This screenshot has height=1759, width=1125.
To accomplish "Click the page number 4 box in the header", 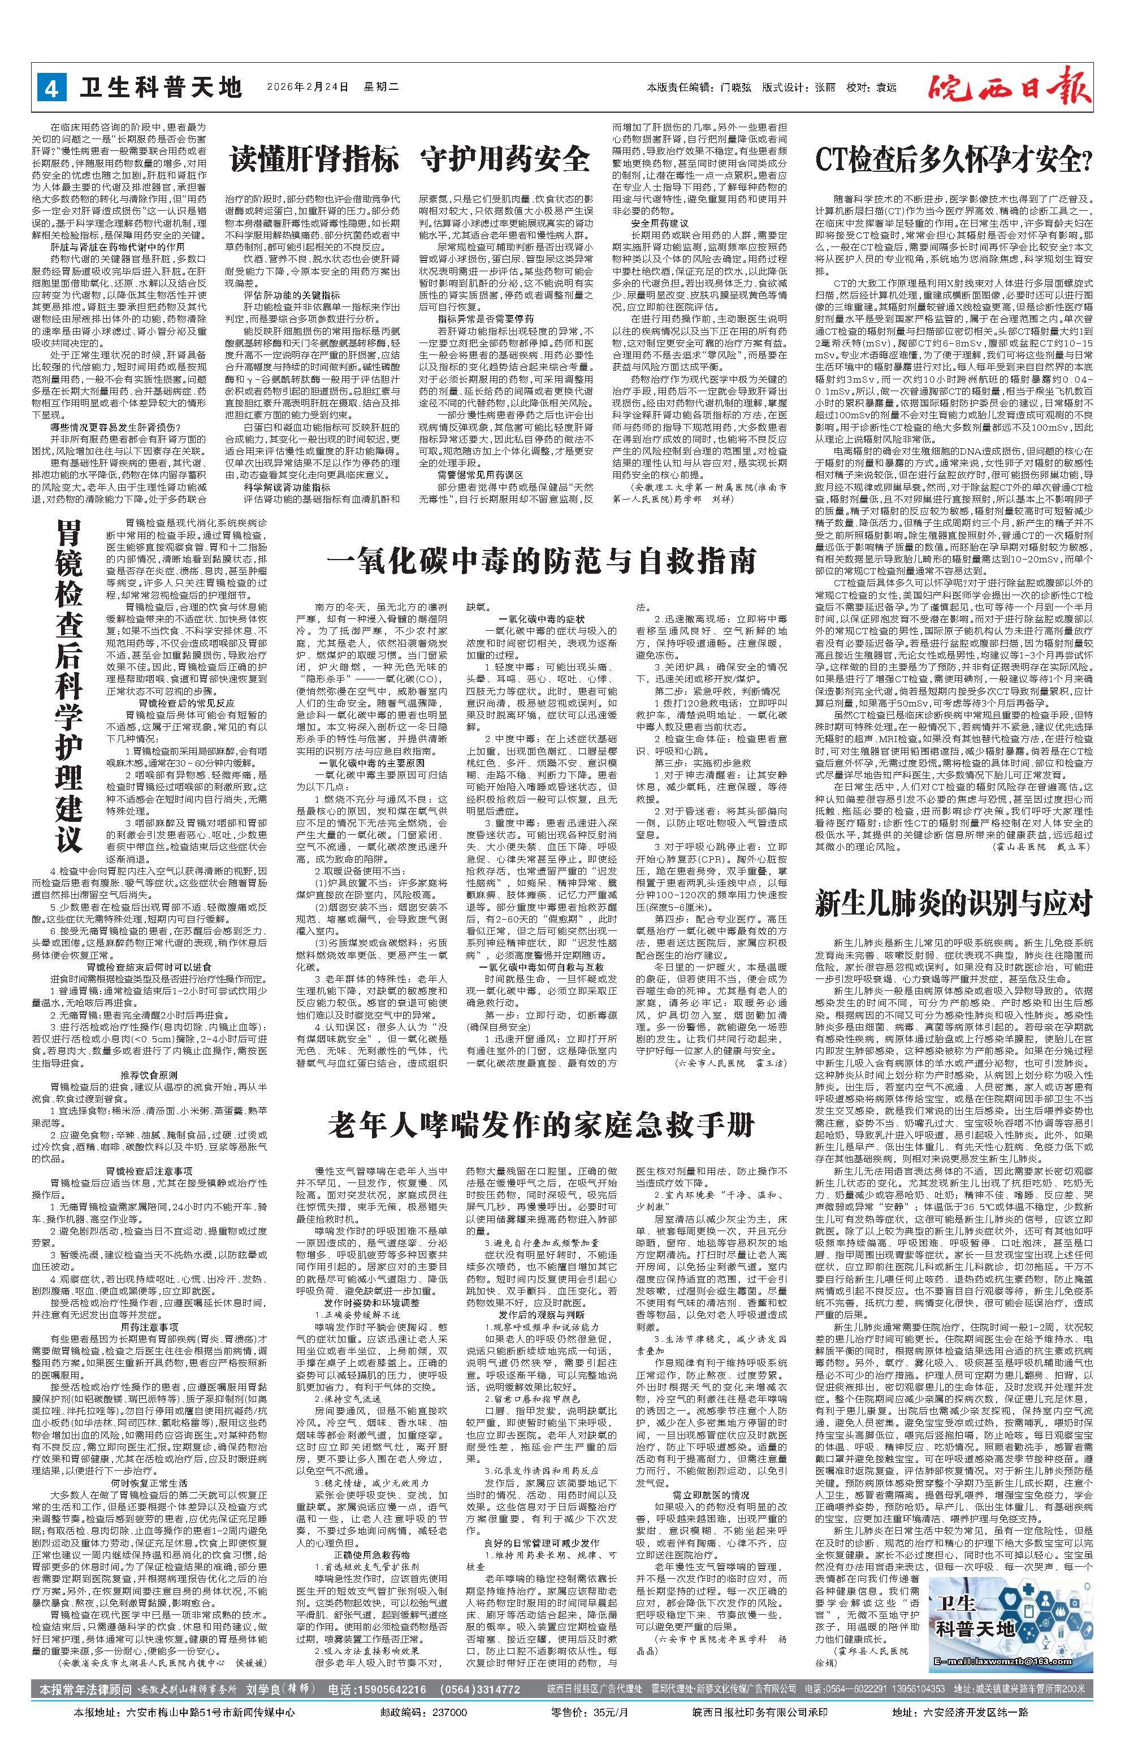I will (51, 88).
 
